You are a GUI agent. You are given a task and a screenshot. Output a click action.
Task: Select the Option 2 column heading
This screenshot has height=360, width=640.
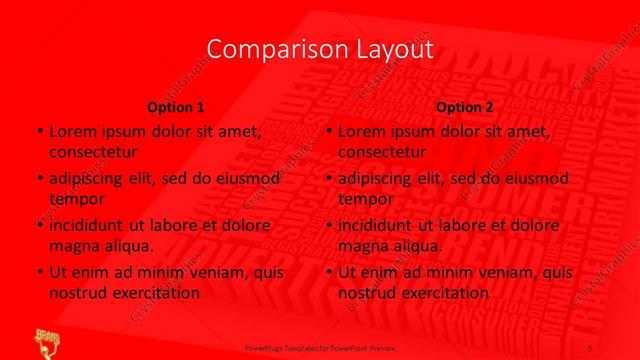tap(464, 106)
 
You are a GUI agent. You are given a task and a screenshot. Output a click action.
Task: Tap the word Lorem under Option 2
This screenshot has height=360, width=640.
tap(363, 131)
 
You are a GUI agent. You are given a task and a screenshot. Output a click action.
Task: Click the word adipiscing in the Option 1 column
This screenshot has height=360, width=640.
tap(85, 179)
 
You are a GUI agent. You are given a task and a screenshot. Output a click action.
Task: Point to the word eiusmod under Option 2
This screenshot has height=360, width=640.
tap(533, 179)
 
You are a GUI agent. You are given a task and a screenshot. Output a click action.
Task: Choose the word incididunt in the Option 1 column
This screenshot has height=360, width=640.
tap(89, 226)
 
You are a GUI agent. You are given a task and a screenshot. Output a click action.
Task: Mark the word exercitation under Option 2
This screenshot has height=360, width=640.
tap(444, 293)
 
